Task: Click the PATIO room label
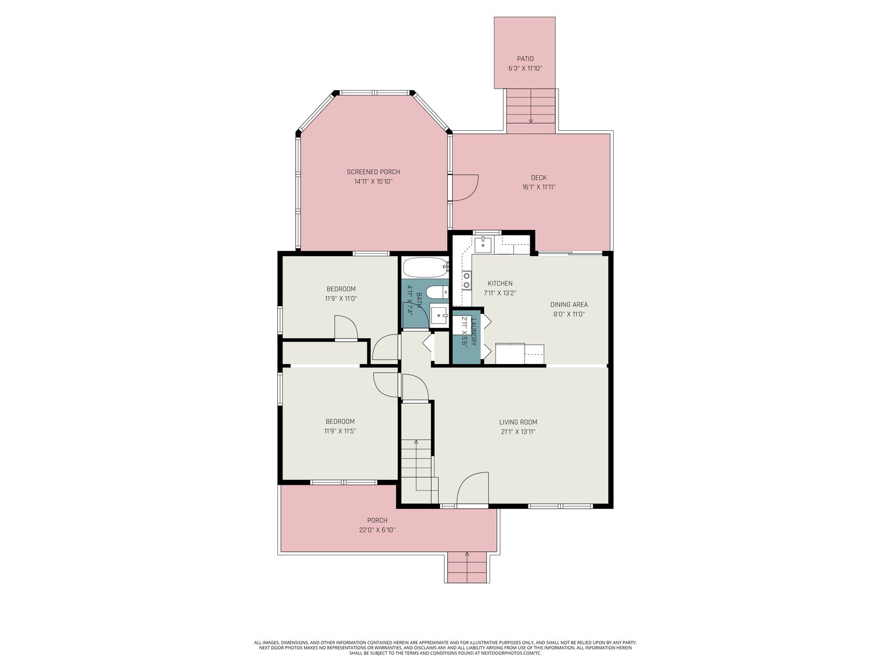coord(525,59)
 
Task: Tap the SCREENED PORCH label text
coord(373,172)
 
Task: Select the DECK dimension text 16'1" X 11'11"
coord(538,187)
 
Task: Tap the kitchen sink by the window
coord(483,244)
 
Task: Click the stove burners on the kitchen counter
coord(467,281)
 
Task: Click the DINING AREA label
coord(569,304)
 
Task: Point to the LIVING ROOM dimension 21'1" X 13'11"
coord(518,431)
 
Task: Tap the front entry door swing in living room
coord(473,489)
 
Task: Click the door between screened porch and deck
coord(466,188)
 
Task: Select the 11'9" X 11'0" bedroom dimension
coord(341,298)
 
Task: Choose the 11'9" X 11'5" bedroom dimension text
coord(340,431)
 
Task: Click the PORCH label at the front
coord(377,520)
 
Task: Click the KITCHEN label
coord(500,283)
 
